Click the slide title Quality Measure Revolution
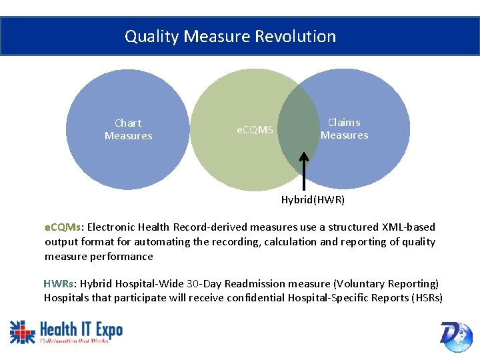(230, 36)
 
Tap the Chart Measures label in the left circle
(128, 129)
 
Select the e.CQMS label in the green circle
(255, 129)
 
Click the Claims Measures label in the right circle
(344, 129)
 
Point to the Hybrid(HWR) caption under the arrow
(313, 199)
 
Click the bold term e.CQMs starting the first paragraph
(63, 227)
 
